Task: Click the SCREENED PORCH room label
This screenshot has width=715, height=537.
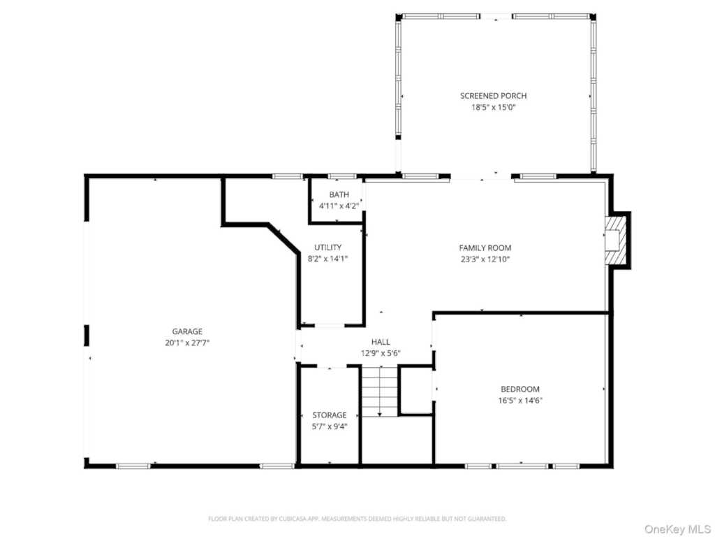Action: [493, 96]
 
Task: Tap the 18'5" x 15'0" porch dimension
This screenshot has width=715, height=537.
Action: [493, 108]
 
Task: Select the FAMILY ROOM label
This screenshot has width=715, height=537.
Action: [485, 248]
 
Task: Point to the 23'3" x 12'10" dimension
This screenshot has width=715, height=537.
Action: [485, 259]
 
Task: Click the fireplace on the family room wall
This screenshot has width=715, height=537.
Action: [617, 241]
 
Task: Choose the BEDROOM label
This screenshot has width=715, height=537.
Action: [519, 389]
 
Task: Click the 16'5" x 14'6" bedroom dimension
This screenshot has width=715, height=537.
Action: [519, 401]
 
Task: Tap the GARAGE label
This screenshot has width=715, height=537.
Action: [187, 331]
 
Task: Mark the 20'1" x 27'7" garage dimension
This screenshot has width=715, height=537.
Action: [187, 343]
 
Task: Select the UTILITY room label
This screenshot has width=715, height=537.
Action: [327, 247]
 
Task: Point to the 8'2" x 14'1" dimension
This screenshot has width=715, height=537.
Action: [327, 259]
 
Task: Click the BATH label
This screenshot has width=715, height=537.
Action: [339, 194]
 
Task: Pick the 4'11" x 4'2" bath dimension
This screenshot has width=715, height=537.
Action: [339, 206]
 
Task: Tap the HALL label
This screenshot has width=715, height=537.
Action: [381, 341]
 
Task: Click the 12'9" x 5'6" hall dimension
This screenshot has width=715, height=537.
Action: [381, 353]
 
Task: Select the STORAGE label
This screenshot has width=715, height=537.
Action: [329, 415]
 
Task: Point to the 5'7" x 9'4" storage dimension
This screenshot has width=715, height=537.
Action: [329, 427]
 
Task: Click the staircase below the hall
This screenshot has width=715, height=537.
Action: [379, 392]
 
